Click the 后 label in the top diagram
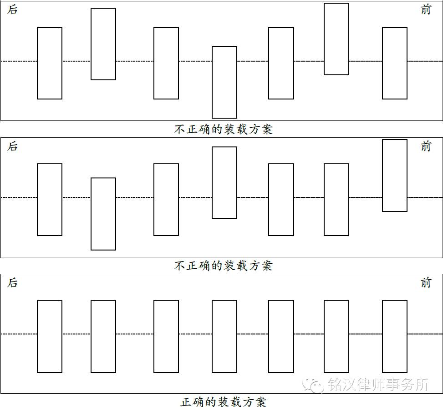click(x=13, y=10)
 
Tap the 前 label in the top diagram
click(x=426, y=10)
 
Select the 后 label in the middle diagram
click(x=13, y=146)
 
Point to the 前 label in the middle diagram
click(x=426, y=146)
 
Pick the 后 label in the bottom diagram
click(x=13, y=282)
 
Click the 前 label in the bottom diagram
click(x=426, y=282)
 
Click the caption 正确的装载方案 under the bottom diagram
click(x=223, y=402)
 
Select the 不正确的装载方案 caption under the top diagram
click(x=223, y=129)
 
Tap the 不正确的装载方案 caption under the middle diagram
click(x=223, y=266)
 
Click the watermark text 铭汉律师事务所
click(x=378, y=385)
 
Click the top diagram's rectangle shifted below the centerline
click(x=224, y=82)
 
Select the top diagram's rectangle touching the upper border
click(x=336, y=39)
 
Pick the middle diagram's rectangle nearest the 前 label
click(x=395, y=175)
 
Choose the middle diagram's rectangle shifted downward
click(x=103, y=214)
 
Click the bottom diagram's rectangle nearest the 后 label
click(x=50, y=336)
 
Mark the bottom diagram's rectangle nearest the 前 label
click(x=395, y=336)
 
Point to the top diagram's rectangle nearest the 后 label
click(x=50, y=63)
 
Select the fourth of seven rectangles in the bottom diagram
click(x=224, y=336)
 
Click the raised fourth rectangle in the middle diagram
click(x=224, y=183)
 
